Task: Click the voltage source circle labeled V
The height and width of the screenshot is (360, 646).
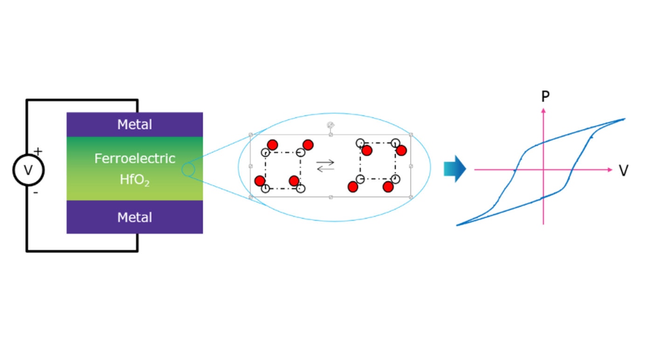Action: point(28,170)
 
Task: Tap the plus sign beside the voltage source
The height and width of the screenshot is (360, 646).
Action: point(38,151)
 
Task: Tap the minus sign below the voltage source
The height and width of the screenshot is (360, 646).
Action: point(35,192)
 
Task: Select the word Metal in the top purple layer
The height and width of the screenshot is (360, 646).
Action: point(134,125)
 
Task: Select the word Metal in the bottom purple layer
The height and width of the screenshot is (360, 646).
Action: point(134,217)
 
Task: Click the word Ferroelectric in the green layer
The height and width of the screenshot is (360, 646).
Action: point(135,159)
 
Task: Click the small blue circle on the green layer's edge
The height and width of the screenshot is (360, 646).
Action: point(188,170)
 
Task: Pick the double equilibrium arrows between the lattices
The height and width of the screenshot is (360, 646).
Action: point(325,166)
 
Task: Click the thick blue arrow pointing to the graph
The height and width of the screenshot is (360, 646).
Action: point(454,169)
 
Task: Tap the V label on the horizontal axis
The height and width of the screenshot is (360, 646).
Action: point(624,171)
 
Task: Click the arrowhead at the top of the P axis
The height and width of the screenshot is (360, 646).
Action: point(543,110)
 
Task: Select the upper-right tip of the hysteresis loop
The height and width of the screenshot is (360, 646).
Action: point(624,119)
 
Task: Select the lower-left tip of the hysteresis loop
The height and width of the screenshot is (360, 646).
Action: point(458,225)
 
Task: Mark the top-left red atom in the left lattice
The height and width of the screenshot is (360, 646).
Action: point(273,145)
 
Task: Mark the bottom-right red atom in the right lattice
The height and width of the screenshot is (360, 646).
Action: point(388,187)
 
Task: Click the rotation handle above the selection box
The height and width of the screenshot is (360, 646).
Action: point(330,125)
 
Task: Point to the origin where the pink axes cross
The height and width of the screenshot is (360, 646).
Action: point(543,170)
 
